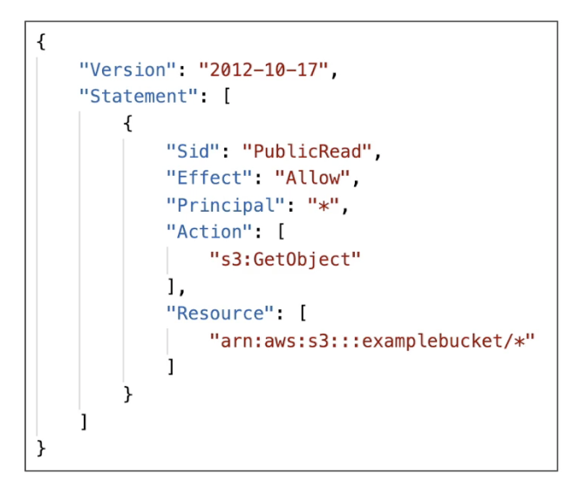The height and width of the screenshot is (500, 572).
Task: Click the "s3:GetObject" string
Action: click(284, 259)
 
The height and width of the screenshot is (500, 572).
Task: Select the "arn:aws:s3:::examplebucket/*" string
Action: click(371, 340)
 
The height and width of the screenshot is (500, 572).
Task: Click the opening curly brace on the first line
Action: click(42, 43)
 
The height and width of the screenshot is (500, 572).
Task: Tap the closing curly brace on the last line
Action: click(42, 448)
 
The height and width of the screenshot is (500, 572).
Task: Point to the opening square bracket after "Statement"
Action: click(225, 97)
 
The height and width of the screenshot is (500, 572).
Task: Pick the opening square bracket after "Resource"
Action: click(301, 313)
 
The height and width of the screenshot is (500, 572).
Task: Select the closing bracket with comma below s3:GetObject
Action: click(174, 286)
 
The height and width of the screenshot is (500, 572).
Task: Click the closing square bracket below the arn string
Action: click(171, 367)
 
